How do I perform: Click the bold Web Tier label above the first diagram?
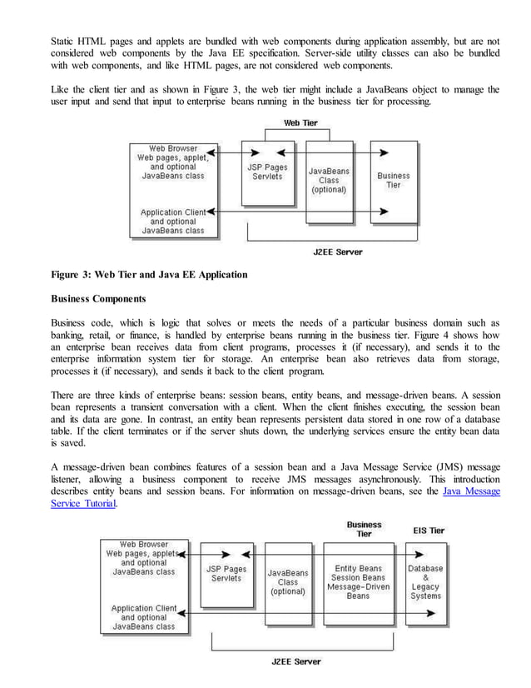coord(300,123)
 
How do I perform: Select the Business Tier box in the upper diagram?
coord(393,181)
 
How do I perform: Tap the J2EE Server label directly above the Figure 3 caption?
coord(337,252)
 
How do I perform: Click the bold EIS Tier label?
coord(428,530)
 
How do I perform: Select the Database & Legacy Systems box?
coord(425,581)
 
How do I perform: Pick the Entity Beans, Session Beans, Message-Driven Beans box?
coord(358,581)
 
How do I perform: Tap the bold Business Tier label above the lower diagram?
coord(364,529)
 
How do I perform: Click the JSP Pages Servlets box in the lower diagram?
coord(226,575)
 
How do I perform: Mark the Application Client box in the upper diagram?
coord(172,222)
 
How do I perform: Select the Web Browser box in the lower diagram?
coord(141,559)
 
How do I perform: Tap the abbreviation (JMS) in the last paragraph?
coord(426,467)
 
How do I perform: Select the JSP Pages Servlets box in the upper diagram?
coord(265,172)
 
